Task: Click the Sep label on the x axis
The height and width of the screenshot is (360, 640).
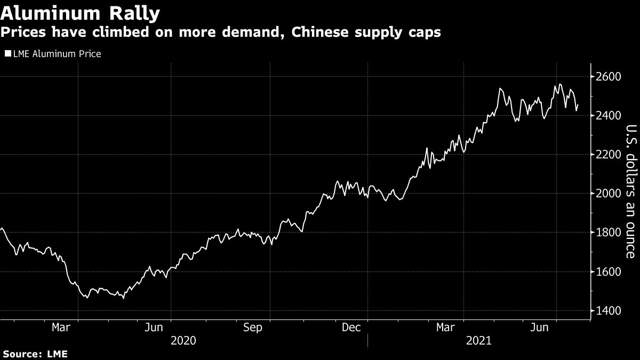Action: coord(252,327)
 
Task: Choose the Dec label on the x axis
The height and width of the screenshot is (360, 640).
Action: coord(353,327)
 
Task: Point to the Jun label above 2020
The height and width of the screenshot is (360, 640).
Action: coord(154,327)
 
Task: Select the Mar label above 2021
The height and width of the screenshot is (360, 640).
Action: coord(446,327)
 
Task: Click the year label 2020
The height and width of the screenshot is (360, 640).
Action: coord(183,340)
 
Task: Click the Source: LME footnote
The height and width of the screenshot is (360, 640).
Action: coord(35,354)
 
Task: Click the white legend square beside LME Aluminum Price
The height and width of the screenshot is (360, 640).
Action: coord(7,54)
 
